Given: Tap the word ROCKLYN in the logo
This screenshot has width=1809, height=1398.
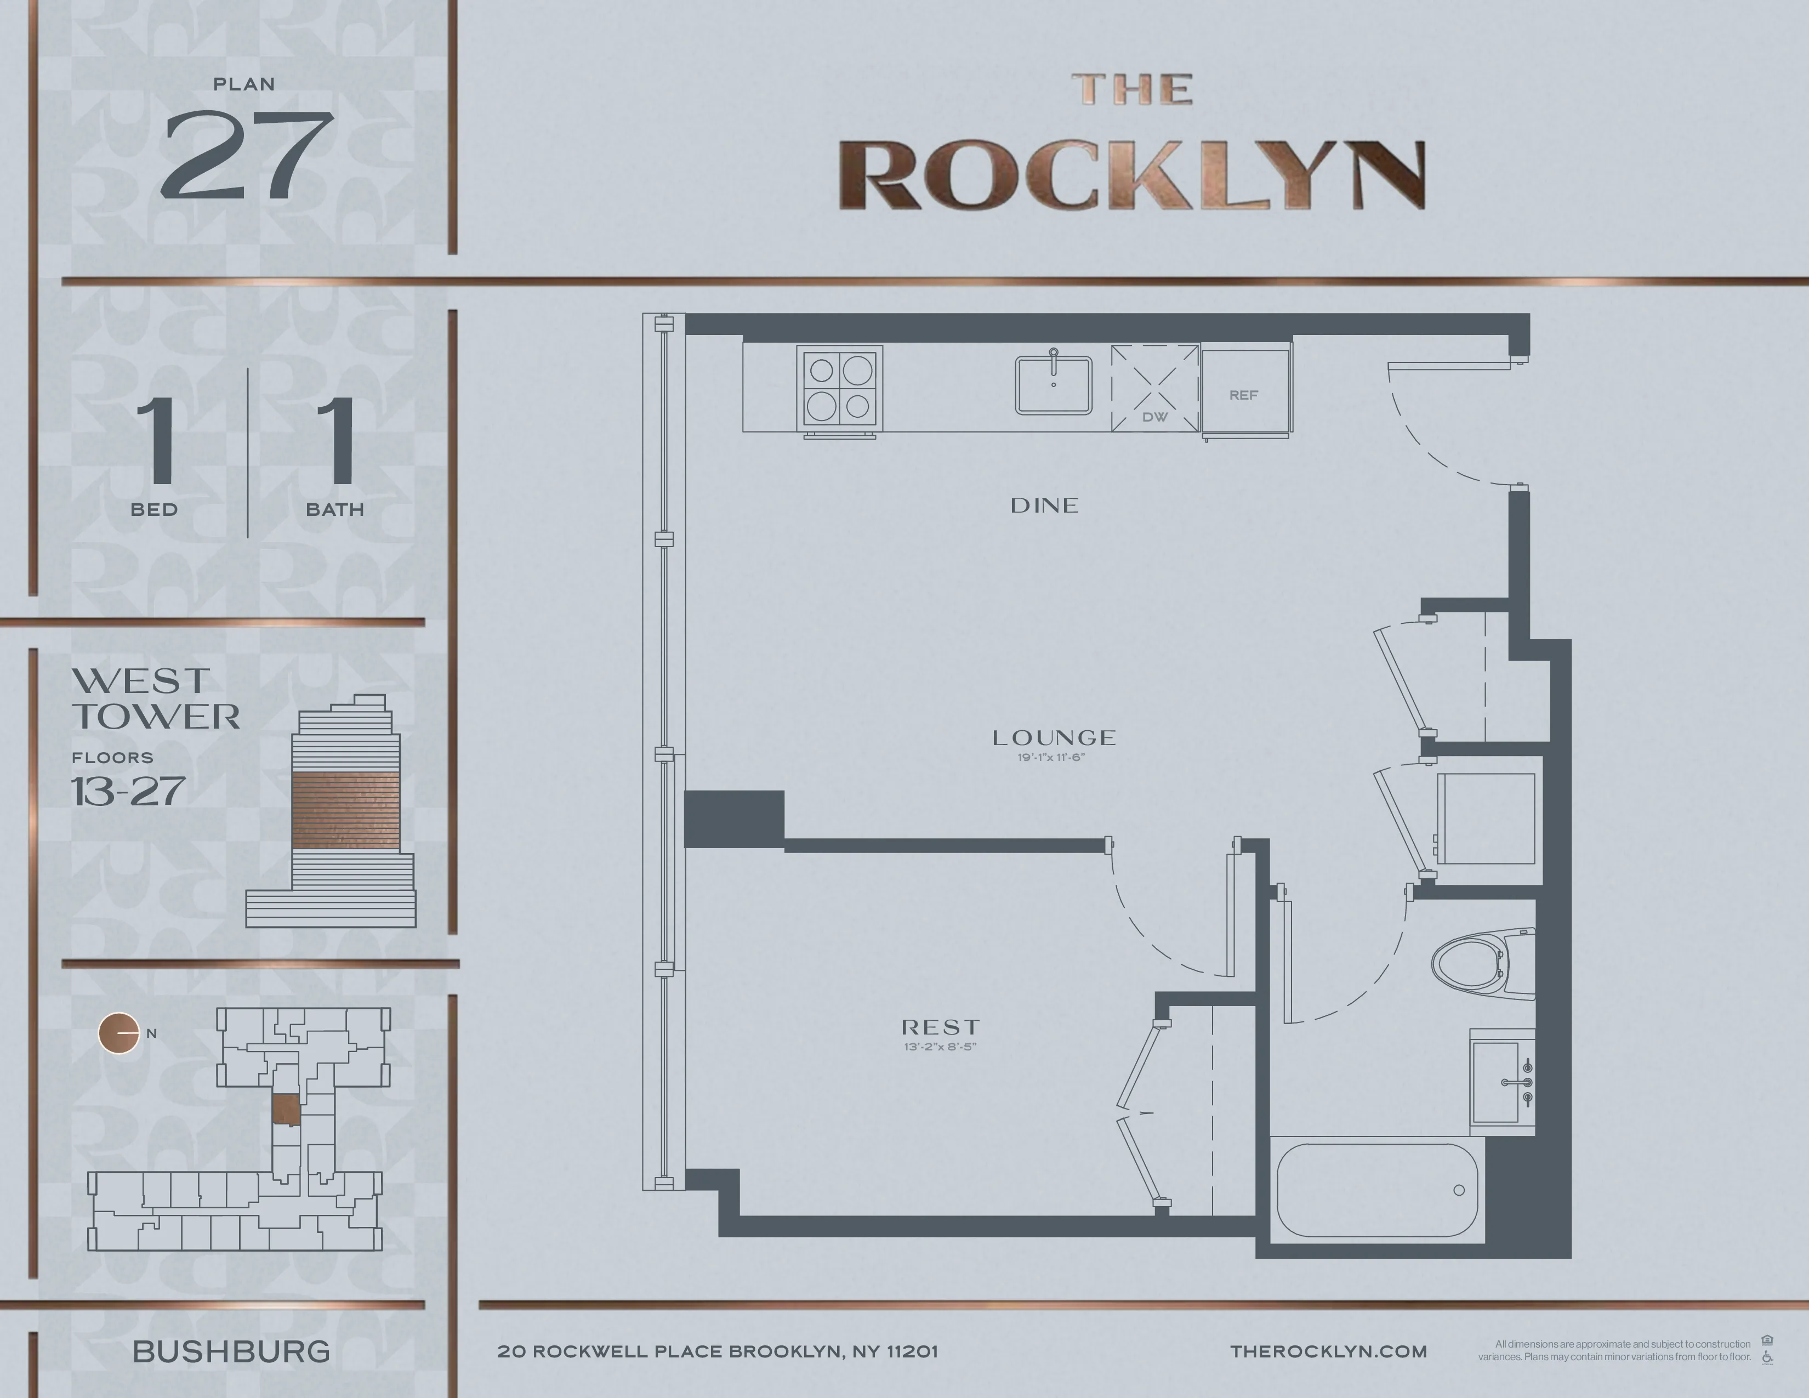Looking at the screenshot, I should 1131,175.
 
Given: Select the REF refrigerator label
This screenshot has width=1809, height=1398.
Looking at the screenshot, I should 1243,395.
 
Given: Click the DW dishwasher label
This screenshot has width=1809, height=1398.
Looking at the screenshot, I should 1154,417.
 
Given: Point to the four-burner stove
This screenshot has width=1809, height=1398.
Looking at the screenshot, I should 839,388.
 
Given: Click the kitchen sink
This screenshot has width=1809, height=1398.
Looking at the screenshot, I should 1054,385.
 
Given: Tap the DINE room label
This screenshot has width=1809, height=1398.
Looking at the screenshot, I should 1044,505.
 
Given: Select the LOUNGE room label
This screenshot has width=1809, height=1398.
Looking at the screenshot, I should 1054,737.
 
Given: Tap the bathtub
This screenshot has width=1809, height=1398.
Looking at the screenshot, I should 1376,1191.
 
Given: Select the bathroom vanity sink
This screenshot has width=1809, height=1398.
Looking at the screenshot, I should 1501,1082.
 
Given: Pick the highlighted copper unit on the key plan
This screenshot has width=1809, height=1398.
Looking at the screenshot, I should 287,1110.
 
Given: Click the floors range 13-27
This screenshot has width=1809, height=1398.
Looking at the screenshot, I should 128,792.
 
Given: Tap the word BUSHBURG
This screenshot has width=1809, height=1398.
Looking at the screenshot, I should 231,1351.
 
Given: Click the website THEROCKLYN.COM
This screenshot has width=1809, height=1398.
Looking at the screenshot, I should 1329,1351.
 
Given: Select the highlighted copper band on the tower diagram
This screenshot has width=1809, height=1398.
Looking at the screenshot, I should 345,811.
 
